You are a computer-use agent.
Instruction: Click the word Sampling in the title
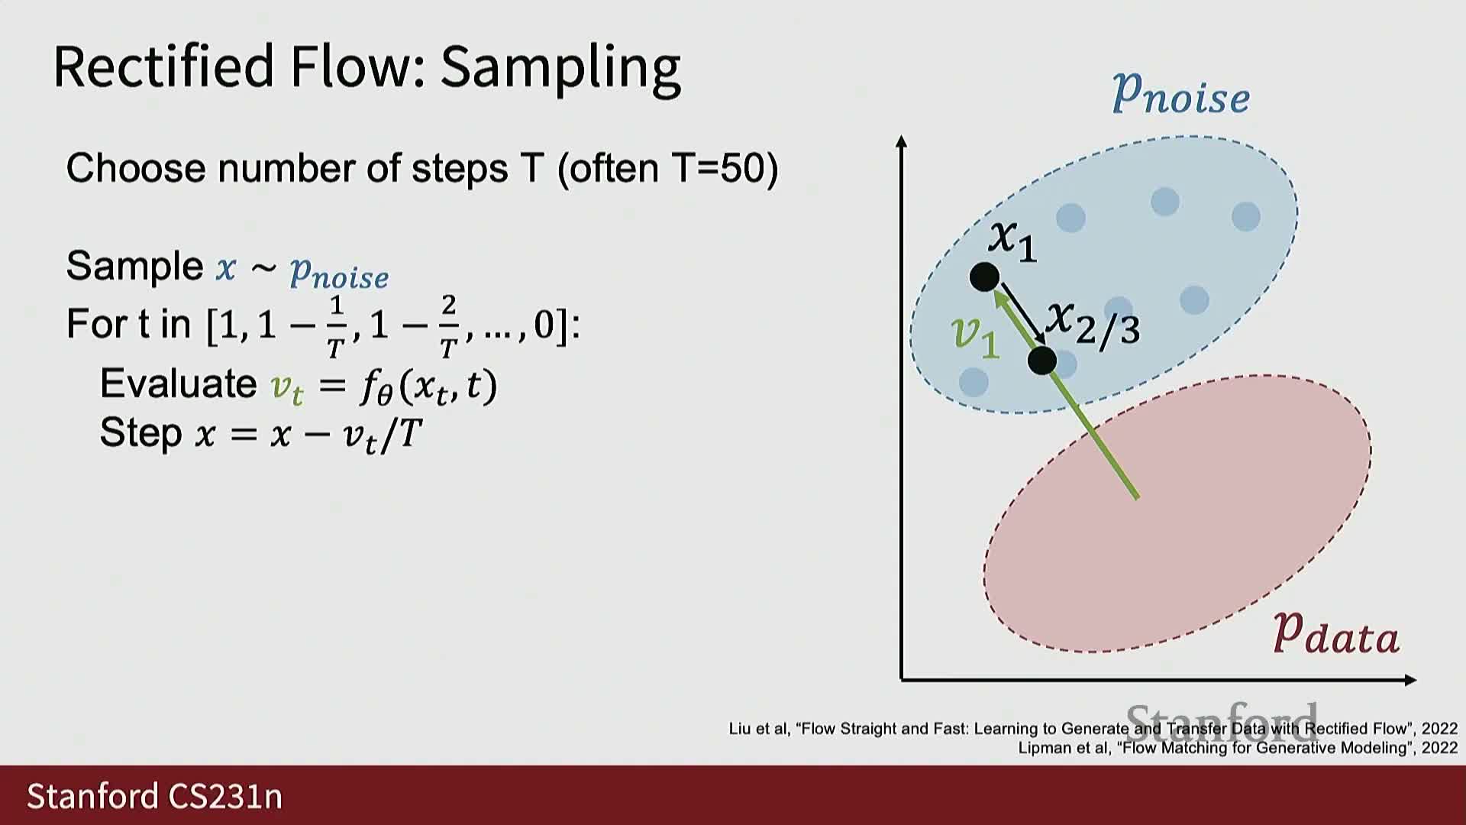point(560,68)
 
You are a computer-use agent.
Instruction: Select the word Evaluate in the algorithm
point(179,383)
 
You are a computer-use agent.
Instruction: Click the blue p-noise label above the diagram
point(1180,94)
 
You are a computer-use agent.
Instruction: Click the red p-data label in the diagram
point(1336,634)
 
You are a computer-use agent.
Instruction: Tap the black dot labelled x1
point(984,277)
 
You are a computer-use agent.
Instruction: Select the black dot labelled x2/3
point(1042,360)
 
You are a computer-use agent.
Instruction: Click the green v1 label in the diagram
point(975,336)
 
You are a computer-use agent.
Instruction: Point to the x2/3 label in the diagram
point(1093,322)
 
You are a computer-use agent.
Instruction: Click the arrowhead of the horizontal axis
point(1411,680)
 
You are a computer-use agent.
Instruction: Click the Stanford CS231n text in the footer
point(155,796)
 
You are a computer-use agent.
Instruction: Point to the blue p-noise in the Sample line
point(339,273)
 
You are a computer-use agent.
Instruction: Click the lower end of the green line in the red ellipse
point(1138,498)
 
